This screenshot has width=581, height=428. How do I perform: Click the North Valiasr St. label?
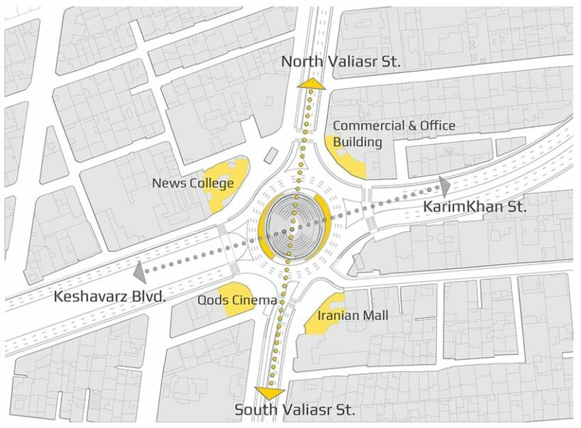click(x=341, y=62)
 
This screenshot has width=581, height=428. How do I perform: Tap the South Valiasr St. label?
click(x=295, y=410)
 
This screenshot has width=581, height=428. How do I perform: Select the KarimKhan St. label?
click(x=475, y=207)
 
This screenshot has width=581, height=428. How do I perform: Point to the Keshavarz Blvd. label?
click(x=109, y=296)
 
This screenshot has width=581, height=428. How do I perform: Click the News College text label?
click(x=192, y=183)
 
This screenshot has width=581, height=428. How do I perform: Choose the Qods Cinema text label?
click(x=237, y=300)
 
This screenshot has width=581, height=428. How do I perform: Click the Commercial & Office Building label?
click(x=393, y=133)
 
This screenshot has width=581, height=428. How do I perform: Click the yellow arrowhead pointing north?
click(x=310, y=84)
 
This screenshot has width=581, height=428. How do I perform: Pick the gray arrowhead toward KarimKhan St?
click(x=445, y=187)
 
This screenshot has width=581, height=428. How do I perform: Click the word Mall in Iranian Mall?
click(x=376, y=315)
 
